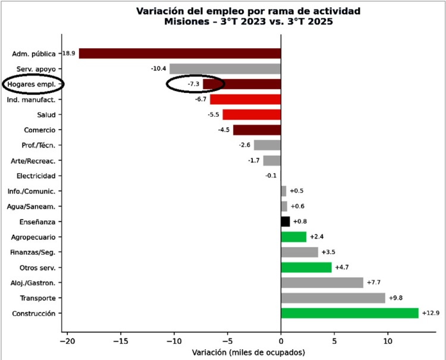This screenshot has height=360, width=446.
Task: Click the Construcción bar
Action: click(350, 313)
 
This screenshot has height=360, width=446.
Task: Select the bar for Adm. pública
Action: click(180, 54)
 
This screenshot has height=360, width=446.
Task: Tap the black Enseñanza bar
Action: click(285, 221)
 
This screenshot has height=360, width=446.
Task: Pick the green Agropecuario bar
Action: click(294, 237)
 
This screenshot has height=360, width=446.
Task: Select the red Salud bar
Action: click(252, 115)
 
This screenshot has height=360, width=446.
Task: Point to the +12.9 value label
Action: click(430, 313)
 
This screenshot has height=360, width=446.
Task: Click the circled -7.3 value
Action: click(193, 84)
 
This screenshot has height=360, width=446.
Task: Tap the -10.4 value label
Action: click(159, 69)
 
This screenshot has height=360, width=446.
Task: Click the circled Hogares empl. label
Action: click(32, 84)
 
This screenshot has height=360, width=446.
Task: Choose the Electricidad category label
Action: click(36, 176)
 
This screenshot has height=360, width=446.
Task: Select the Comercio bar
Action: click(257, 130)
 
